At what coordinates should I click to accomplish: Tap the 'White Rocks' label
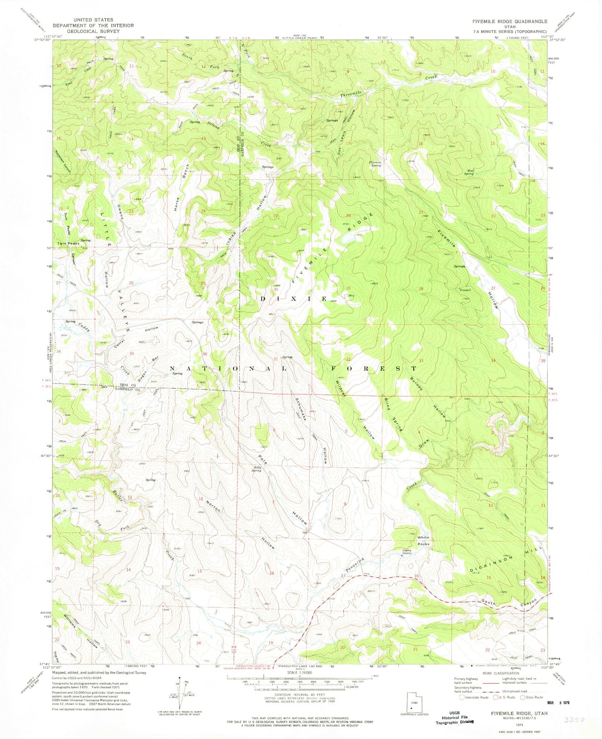coord(423,540)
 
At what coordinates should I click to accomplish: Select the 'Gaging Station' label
coord(407,552)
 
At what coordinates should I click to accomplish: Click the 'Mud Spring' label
coord(469,172)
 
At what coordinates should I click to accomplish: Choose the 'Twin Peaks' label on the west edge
coord(68,243)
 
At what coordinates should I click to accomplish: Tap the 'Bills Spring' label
coord(257,469)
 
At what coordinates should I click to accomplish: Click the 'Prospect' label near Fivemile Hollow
coord(465,290)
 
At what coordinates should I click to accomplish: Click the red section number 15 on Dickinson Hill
coord(489,577)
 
